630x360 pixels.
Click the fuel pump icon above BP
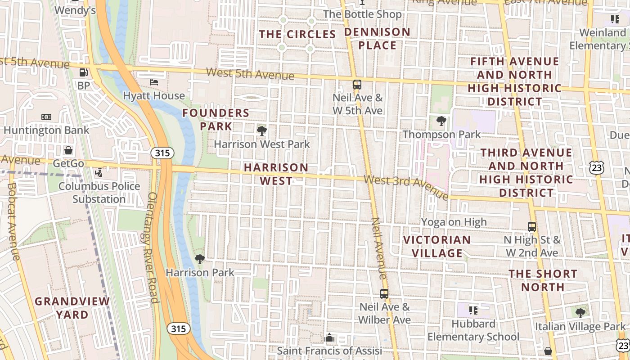point(83,72)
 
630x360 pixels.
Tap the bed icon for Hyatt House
point(154,82)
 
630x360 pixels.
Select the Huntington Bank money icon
point(46,117)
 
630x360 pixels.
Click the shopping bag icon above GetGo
point(68,150)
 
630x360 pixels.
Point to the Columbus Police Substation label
point(99,192)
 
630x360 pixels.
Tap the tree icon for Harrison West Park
point(261,131)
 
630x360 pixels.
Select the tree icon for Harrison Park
point(200,259)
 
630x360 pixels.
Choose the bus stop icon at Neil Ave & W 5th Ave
point(357,84)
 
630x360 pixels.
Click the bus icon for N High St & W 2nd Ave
point(532,226)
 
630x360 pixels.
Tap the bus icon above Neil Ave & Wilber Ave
point(384,294)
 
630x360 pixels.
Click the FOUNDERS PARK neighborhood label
point(216,119)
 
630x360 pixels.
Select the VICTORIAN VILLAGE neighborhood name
point(437,246)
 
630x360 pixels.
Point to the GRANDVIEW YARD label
point(72,307)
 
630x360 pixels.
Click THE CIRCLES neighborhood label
point(298,34)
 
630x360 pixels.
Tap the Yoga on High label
point(454,222)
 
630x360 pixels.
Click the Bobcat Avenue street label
point(13,220)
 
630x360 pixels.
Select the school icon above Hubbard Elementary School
point(473,310)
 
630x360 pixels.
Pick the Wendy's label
point(75,10)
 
